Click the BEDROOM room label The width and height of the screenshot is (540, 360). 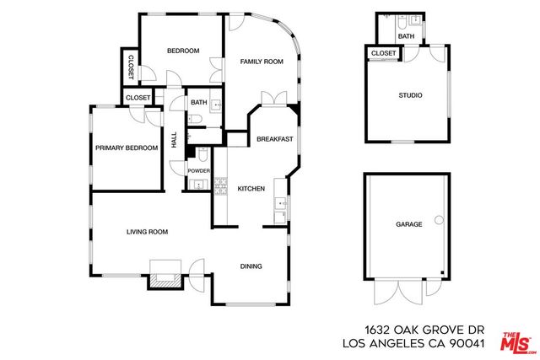point(183,51)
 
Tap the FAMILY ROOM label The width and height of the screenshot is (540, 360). point(261,62)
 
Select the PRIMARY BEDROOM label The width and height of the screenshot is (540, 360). point(127,148)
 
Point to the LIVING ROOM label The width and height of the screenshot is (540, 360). point(148,232)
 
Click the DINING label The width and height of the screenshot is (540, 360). point(251,266)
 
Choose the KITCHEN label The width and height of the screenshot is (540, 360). point(251,188)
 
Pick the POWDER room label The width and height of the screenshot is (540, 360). point(199,171)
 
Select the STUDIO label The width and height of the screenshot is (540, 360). point(410,95)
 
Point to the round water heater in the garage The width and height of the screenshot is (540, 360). point(439,220)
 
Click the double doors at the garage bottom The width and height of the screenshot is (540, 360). point(401,292)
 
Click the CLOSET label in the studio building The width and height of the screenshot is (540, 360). point(384,53)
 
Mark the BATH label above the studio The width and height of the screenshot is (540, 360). point(406,36)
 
